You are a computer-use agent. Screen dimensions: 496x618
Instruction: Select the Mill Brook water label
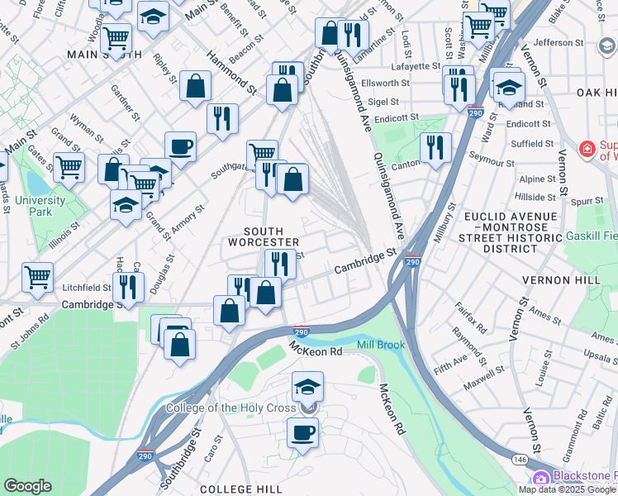(x=381, y=345)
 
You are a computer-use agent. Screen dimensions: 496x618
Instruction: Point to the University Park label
(x=40, y=206)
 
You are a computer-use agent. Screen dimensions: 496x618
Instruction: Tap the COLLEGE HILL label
(x=236, y=489)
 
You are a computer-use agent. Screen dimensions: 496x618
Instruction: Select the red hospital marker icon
(x=587, y=150)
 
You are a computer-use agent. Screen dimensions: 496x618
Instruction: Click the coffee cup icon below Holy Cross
(x=303, y=432)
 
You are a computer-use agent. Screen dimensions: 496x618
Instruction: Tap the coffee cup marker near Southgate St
(x=180, y=148)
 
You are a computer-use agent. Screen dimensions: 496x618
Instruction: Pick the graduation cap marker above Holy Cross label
(x=307, y=387)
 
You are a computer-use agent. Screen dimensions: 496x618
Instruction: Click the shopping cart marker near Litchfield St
(x=37, y=277)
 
